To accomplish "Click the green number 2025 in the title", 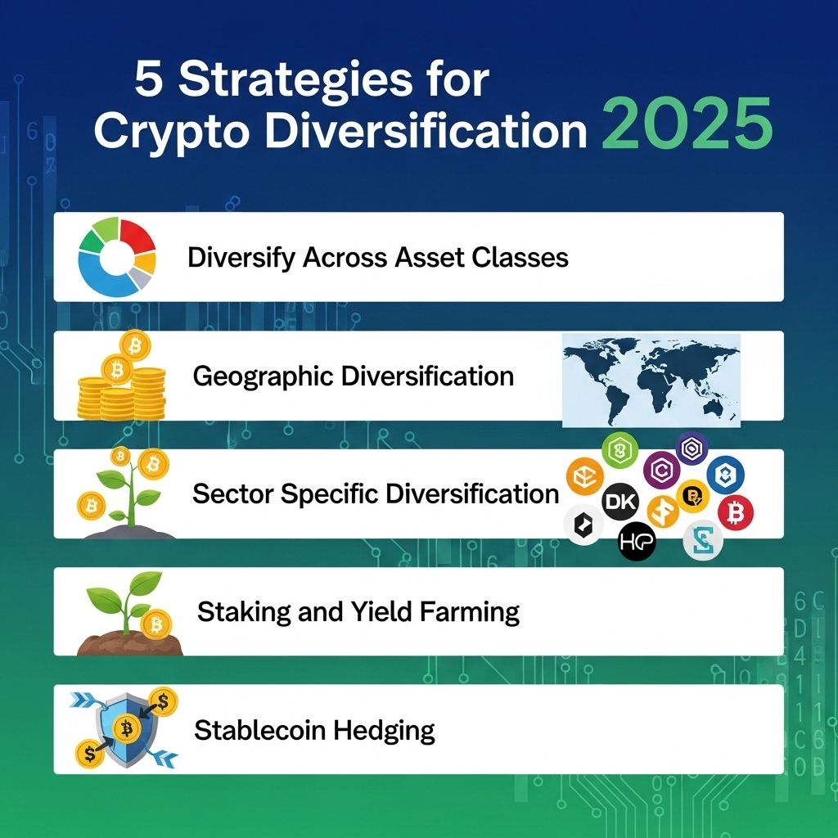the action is pos(687,124).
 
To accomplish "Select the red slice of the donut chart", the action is pos(137,236).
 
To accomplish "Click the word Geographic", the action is pos(264,376).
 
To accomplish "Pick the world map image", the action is pos(651,380).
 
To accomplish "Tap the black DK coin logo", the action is pos(620,502).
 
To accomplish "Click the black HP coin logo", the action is pos(637,542).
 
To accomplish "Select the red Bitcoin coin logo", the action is pos(736,512).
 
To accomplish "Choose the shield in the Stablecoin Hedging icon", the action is pos(127,730).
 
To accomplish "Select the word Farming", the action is pos(470,612).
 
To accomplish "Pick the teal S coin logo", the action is pos(703,540).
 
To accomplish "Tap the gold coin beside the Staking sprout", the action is pos(156,624).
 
